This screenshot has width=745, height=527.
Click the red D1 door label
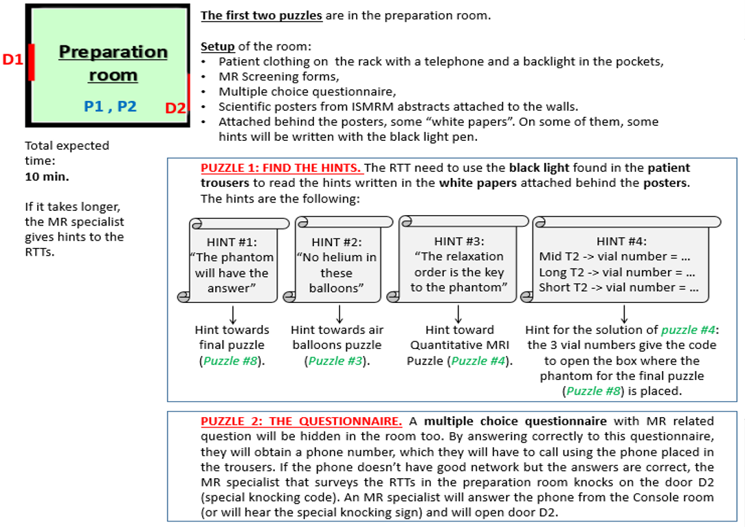[13, 59]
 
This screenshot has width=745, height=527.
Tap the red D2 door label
[175, 108]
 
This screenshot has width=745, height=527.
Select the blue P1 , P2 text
[110, 106]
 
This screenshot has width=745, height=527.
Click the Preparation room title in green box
[113, 63]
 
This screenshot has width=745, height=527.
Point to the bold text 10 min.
[47, 177]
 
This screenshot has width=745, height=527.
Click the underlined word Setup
[218, 47]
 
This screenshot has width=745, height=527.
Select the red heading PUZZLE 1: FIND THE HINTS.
[281, 168]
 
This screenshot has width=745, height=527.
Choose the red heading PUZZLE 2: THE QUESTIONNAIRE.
[301, 421]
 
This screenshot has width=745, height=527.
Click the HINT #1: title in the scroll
[232, 242]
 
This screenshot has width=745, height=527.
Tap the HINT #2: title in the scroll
[336, 243]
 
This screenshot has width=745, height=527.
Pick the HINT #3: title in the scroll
[459, 241]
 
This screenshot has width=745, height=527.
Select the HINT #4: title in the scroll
[621, 241]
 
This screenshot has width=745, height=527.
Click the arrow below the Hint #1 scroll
[233, 315]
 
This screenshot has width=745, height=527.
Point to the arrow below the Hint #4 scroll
[624, 315]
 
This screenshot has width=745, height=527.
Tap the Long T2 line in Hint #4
[616, 272]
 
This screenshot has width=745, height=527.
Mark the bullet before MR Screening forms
[203, 78]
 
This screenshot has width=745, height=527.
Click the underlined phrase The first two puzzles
[261, 16]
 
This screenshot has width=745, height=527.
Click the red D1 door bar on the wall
[31, 62]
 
